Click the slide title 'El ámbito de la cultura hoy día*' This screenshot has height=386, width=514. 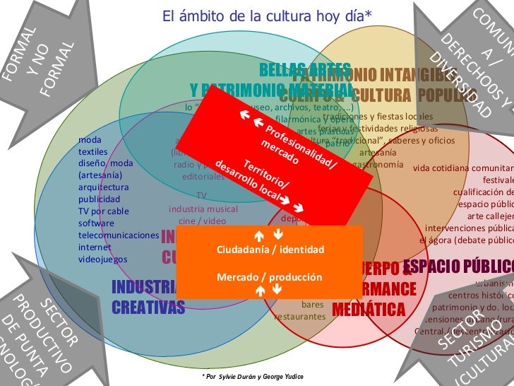point(267,15)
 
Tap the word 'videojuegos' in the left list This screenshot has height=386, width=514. point(103,259)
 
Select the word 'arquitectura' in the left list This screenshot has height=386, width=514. point(104,187)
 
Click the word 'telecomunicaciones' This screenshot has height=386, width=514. point(119,235)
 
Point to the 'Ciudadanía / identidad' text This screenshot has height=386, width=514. point(270,250)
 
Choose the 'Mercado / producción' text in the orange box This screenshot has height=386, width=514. point(269,276)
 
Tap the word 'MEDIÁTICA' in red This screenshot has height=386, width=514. point(369,309)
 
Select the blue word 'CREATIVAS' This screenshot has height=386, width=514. point(148,306)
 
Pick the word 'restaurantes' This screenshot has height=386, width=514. point(301,317)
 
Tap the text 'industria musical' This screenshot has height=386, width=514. point(203,209)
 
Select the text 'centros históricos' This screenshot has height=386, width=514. point(481,295)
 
